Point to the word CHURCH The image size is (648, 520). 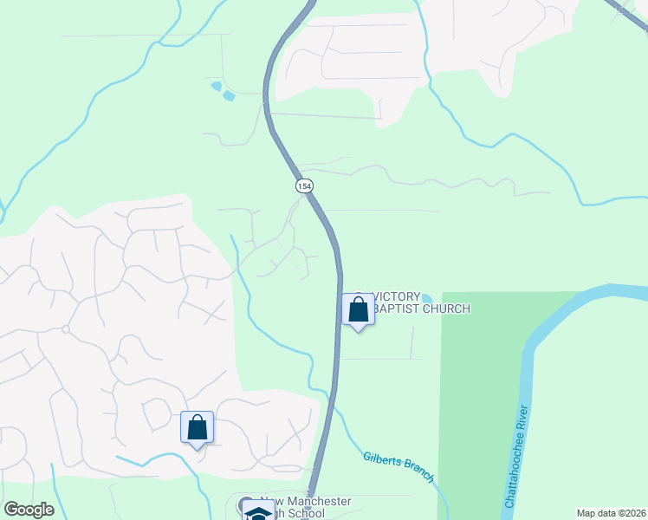click(x=446, y=309)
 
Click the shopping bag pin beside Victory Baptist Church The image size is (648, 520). click(x=358, y=309)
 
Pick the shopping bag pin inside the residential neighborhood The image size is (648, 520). click(x=197, y=427)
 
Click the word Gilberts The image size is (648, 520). click(x=384, y=458)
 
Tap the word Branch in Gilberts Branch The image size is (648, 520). click(x=417, y=470)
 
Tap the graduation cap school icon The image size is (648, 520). click(x=257, y=512)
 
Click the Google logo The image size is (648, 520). click(x=29, y=510)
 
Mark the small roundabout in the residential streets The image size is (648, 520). click(x=65, y=329)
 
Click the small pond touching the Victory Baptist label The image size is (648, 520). click(x=425, y=298)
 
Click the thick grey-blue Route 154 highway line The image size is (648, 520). click(x=336, y=364)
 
